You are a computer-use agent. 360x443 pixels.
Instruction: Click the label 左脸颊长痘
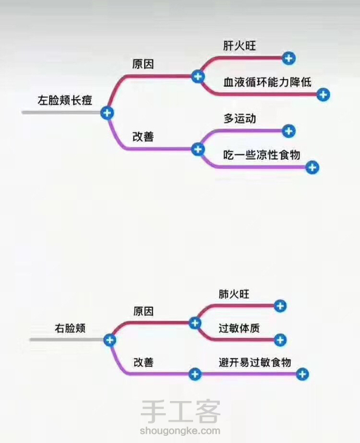pyautogui.click(x=65, y=100)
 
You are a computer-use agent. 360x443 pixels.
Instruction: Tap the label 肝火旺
pyautogui.click(x=239, y=46)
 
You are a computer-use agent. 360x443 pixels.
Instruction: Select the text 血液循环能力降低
pyautogui.click(x=267, y=82)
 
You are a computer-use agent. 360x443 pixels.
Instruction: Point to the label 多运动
pyautogui.click(x=240, y=118)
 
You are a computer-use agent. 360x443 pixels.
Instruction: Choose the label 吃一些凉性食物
pyautogui.click(x=262, y=155)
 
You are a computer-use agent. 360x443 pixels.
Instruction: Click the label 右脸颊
pyautogui.click(x=70, y=328)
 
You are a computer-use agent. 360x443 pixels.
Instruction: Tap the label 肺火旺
pyautogui.click(x=234, y=294)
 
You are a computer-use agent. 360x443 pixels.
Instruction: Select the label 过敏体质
pyautogui.click(x=239, y=328)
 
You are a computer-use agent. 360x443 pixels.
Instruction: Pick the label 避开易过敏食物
pyautogui.click(x=255, y=362)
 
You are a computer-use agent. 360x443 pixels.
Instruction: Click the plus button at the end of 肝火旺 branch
pyautogui.click(x=288, y=58)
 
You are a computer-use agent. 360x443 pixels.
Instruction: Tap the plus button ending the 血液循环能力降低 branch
pyautogui.click(x=324, y=94)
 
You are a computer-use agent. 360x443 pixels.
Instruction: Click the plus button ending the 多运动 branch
pyautogui.click(x=288, y=131)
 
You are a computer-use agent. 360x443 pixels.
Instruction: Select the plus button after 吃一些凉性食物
pyautogui.click(x=312, y=167)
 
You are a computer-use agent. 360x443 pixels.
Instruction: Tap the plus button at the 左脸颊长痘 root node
pyautogui.click(x=107, y=113)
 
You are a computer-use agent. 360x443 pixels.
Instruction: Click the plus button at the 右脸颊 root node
pyautogui.click(x=109, y=340)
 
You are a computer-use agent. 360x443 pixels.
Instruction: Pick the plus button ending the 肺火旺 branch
pyautogui.click(x=280, y=306)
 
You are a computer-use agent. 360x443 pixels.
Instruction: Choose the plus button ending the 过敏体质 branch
pyautogui.click(x=280, y=340)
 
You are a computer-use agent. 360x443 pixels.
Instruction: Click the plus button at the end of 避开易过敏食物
pyautogui.click(x=302, y=374)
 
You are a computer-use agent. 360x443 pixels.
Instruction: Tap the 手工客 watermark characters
pyautogui.click(x=180, y=411)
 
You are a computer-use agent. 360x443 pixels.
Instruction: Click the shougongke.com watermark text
pyautogui.click(x=180, y=431)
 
